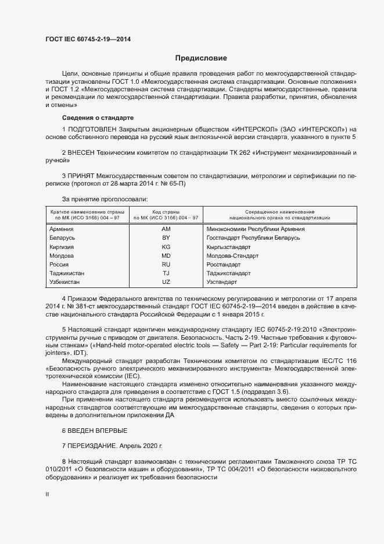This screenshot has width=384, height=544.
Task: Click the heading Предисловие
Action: click(x=201, y=58)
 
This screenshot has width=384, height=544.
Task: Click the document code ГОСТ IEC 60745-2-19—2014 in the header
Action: click(x=87, y=39)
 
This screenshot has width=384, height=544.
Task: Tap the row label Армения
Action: click(x=62, y=229)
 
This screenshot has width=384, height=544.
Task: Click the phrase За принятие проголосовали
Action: click(x=101, y=199)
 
